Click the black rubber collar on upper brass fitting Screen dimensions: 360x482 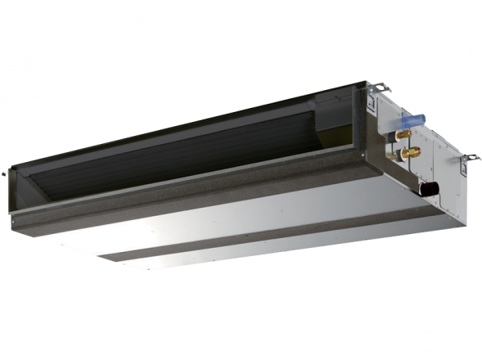[x=396, y=133]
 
